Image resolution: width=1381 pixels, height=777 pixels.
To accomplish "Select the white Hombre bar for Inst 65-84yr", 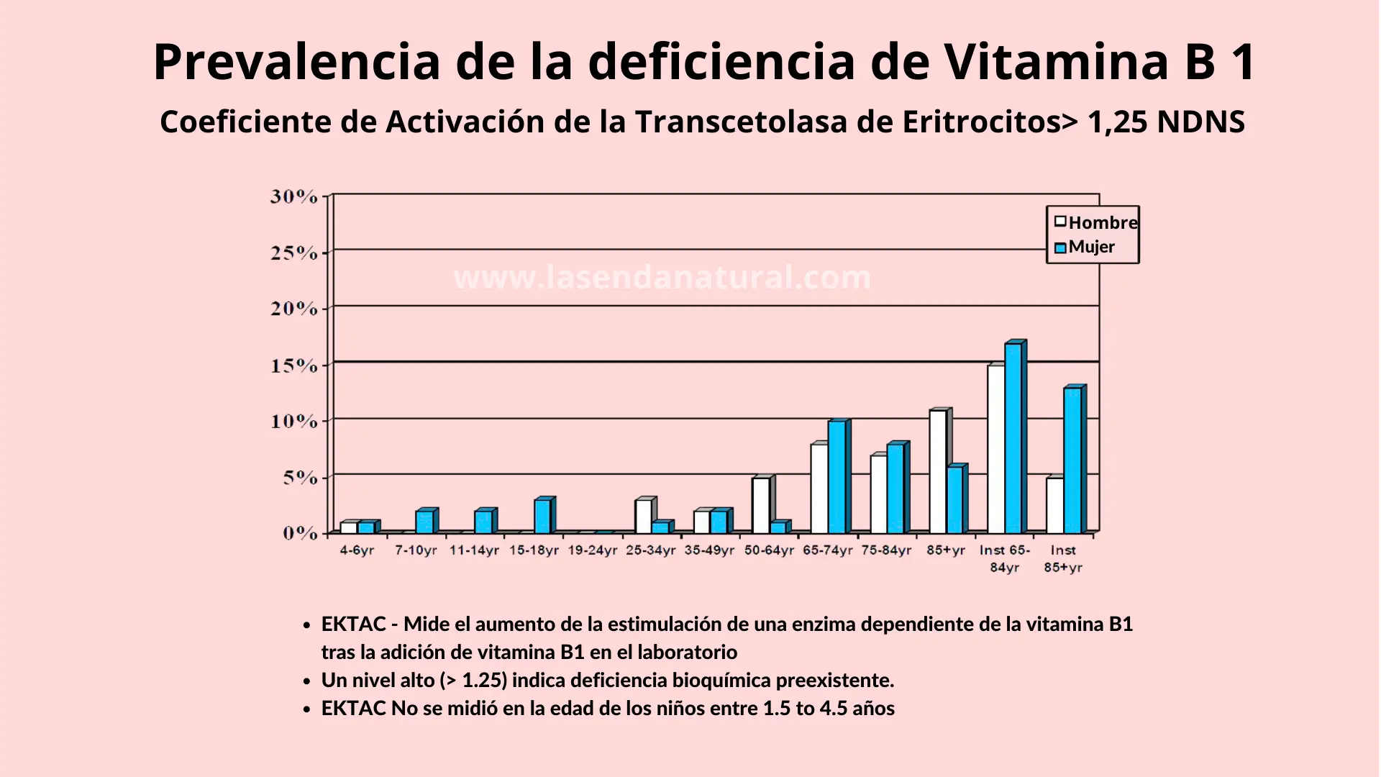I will [x=995, y=449].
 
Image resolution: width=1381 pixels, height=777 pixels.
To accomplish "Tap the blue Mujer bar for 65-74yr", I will [x=837, y=476].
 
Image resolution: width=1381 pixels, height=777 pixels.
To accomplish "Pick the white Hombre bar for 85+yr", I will [x=937, y=471].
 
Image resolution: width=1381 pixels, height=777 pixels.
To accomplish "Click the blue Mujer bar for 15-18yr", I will [x=542, y=516].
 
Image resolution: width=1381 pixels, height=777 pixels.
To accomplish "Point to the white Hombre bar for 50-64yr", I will [x=761, y=504].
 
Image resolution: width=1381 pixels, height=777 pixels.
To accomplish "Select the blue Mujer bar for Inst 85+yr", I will [x=1072, y=460].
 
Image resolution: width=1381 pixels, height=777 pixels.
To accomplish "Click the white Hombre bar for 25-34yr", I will [x=643, y=516].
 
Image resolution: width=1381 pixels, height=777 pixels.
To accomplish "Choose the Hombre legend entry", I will [x=1095, y=222].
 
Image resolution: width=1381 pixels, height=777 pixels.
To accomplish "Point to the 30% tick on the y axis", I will [x=293, y=196].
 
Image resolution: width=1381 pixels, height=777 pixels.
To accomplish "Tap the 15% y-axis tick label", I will [x=293, y=365].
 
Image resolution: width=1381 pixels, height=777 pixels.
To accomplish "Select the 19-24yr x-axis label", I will [x=592, y=550].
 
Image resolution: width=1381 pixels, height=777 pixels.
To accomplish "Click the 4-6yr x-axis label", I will [x=357, y=550].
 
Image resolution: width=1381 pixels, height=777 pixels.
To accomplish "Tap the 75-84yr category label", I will [x=886, y=550].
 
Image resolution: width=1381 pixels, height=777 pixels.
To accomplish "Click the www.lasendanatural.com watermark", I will [x=662, y=278].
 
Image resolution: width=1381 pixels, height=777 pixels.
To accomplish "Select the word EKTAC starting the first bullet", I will [x=353, y=624].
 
